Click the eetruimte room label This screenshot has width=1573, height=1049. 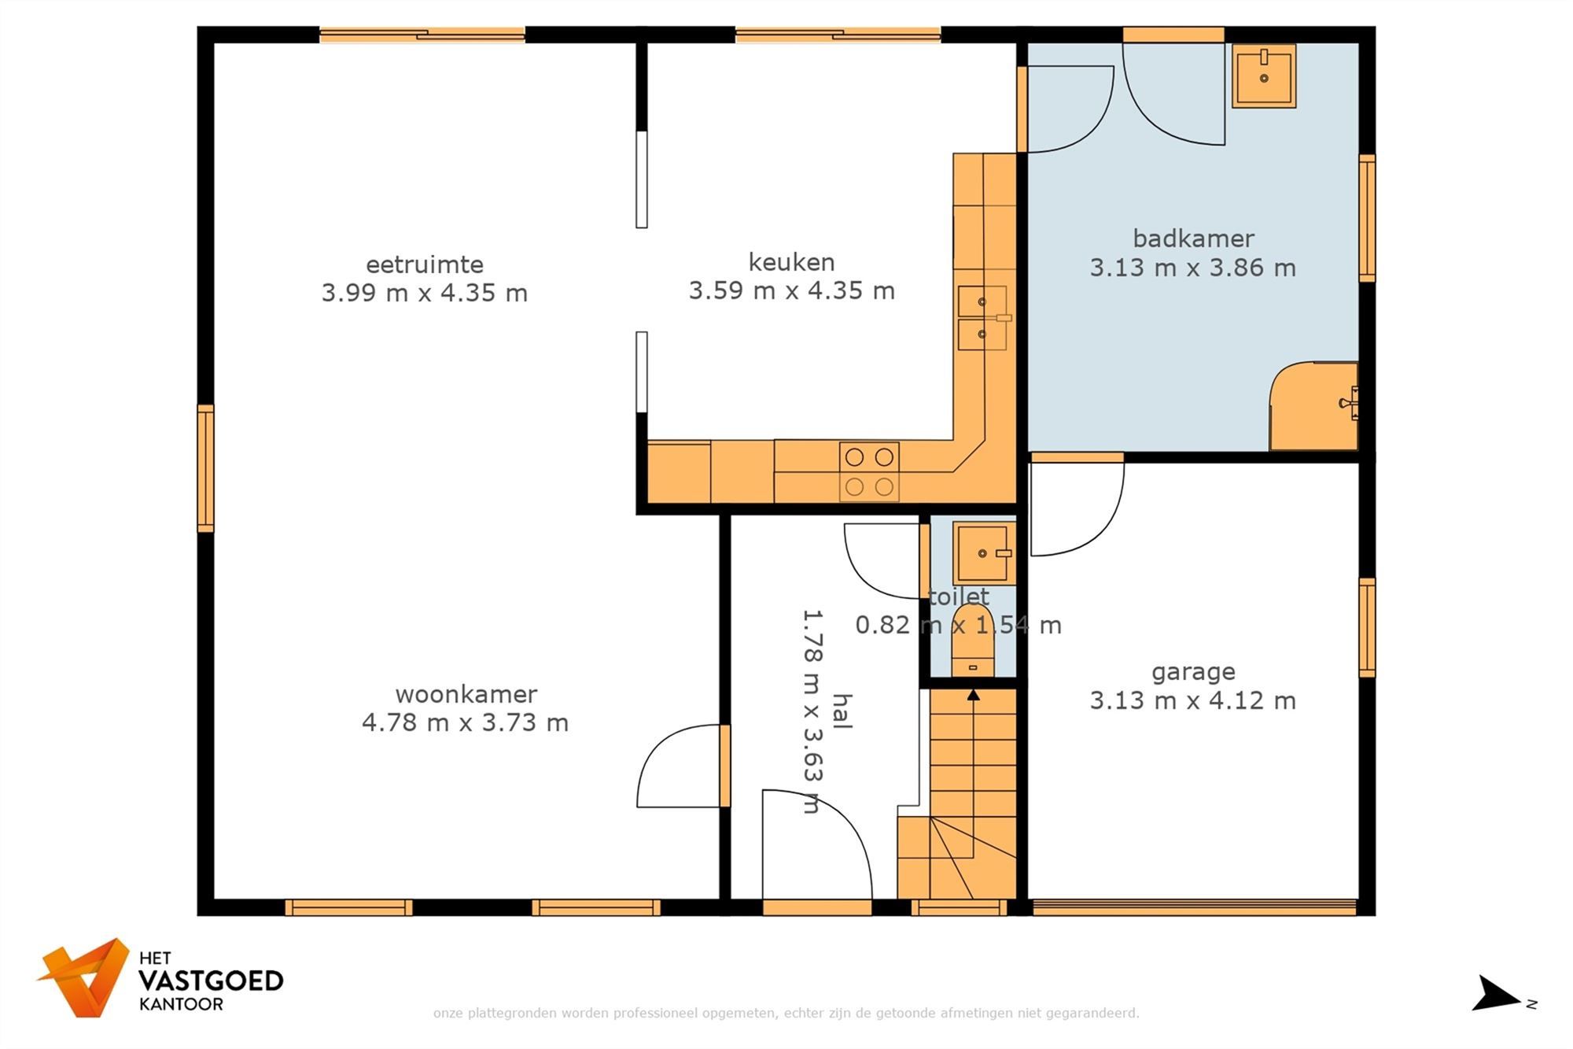pyautogui.click(x=425, y=264)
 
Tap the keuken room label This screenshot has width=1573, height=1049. pyautogui.click(x=791, y=262)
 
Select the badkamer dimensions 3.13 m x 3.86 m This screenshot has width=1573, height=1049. pyautogui.click(x=1192, y=268)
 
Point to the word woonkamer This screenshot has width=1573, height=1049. pyautogui.click(x=466, y=694)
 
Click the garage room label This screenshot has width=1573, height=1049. pyautogui.click(x=1193, y=673)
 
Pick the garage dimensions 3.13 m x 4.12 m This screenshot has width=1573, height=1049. pyautogui.click(x=1192, y=700)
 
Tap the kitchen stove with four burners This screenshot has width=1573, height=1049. pyautogui.click(x=869, y=471)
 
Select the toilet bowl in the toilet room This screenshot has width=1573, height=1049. pyautogui.click(x=973, y=641)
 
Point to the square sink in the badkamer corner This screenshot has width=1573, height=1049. pyautogui.click(x=1264, y=76)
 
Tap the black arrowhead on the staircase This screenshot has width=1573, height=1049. pyautogui.click(x=974, y=695)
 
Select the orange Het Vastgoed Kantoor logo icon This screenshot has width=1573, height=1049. pyautogui.click(x=84, y=977)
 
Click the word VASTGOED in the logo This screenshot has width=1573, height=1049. pyautogui.click(x=211, y=981)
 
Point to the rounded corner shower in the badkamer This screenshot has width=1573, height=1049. pyautogui.click(x=1314, y=406)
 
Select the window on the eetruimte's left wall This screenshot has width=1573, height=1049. pyautogui.click(x=205, y=468)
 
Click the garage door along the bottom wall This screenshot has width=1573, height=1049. pyautogui.click(x=1194, y=907)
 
